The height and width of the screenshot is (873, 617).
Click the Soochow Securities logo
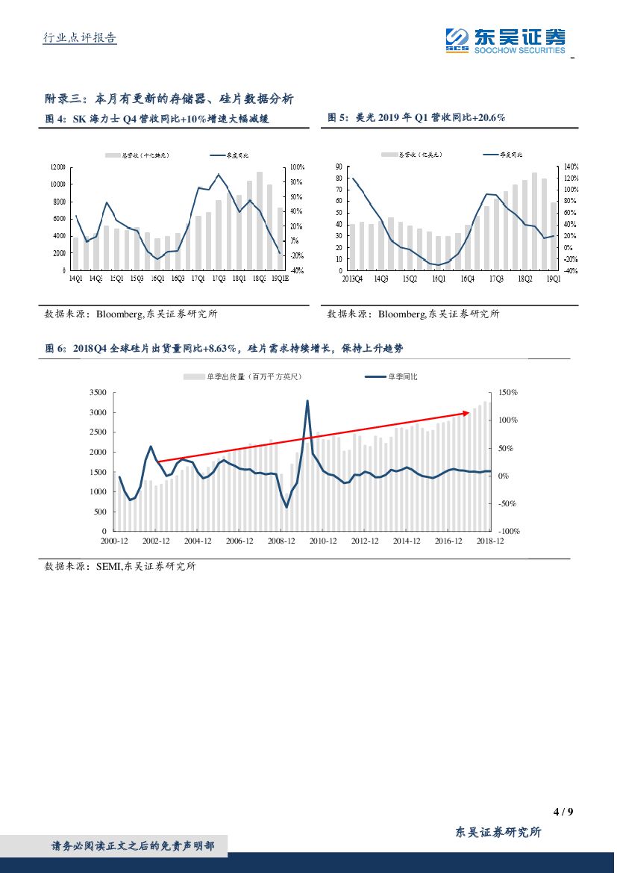505,40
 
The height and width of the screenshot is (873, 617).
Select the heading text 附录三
61,99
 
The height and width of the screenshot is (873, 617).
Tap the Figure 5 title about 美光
417,118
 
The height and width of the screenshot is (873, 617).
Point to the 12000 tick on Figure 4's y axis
57,167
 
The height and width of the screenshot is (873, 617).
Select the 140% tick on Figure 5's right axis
571,167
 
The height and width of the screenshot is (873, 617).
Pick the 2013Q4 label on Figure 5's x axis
351,279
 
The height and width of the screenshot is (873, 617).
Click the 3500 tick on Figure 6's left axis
97,393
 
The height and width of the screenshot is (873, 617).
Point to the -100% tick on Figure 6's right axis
509,532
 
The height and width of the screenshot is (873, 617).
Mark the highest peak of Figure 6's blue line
307,401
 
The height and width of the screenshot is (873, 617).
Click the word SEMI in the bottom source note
107,567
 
